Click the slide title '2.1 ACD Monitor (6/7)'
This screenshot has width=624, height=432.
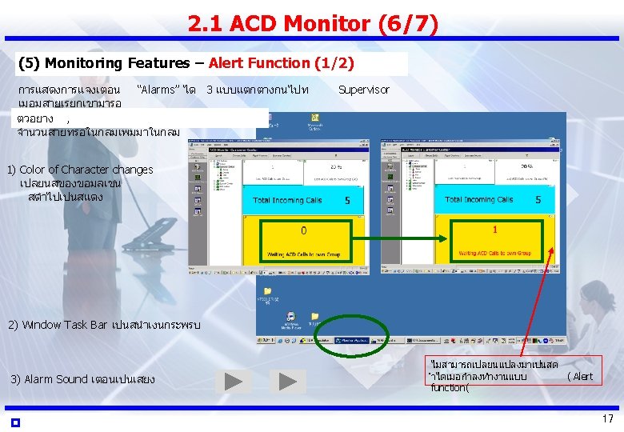313,25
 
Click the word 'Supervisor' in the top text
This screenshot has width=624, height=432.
364,90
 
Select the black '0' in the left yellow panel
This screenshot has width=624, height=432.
303,231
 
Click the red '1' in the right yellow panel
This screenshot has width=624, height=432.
495,230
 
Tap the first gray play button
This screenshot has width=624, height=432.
233,381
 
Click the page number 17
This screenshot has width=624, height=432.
607,419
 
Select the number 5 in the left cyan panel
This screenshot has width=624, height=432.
347,201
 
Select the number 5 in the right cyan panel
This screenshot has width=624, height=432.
538,200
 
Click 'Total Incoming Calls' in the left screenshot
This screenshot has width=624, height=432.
288,200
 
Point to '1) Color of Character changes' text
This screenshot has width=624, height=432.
79,170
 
